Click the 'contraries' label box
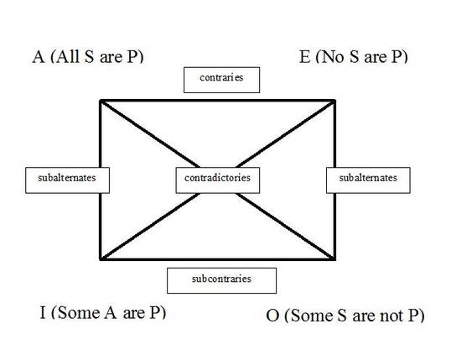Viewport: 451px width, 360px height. click(x=222, y=80)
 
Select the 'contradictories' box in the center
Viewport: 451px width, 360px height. click(x=218, y=180)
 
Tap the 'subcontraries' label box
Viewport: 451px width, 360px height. click(x=222, y=281)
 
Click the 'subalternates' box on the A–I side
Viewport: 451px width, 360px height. click(x=67, y=180)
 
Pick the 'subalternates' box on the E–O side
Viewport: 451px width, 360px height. click(x=368, y=180)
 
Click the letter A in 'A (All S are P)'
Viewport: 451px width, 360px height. click(x=39, y=57)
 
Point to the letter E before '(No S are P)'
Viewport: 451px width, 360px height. click(x=305, y=57)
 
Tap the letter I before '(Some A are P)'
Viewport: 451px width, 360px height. click(x=43, y=313)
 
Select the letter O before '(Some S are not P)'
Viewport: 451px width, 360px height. click(x=272, y=316)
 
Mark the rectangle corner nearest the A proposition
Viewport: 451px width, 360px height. click(x=101, y=101)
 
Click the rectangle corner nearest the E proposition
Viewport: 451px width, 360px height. click(x=334, y=101)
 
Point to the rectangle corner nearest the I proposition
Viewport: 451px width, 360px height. click(x=101, y=259)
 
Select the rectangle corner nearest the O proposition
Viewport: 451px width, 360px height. click(x=334, y=259)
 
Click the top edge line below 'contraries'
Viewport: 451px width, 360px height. click(x=218, y=101)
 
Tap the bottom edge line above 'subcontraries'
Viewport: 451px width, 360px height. click(x=218, y=259)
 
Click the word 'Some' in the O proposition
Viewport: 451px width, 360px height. click(x=312, y=316)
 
